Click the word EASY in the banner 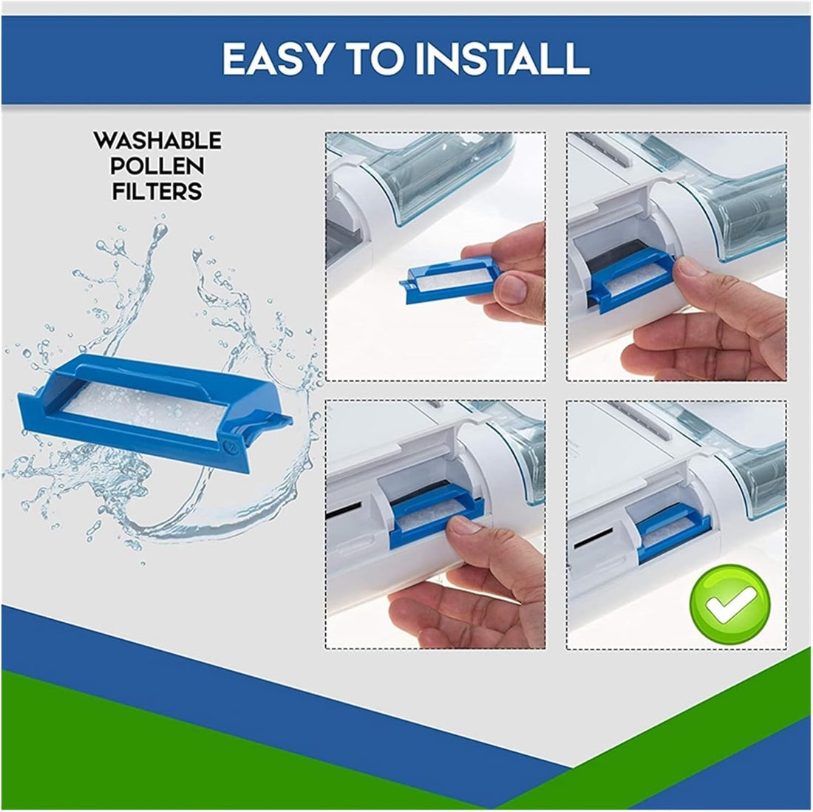(276, 58)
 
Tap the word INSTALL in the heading (503, 58)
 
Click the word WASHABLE (157, 141)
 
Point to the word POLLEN (157, 166)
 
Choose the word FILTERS (157, 191)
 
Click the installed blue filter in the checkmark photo (673, 533)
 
